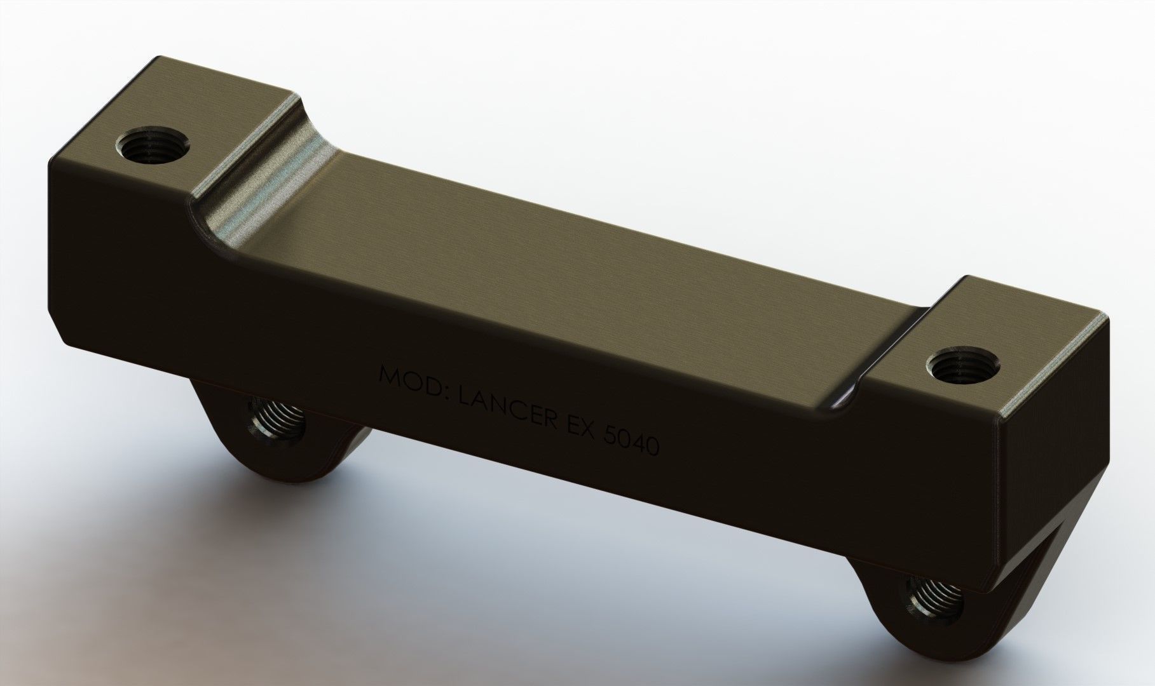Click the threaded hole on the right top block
point(962,367)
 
